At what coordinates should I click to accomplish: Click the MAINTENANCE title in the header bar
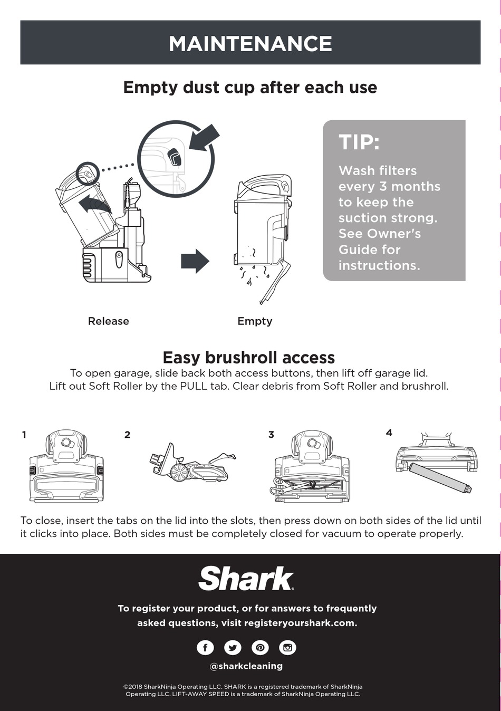[250, 44]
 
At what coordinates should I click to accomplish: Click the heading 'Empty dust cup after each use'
[250, 88]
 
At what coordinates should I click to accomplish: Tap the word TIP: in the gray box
[359, 142]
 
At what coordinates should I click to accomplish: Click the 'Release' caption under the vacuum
[108, 321]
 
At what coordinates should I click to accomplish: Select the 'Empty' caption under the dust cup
[255, 321]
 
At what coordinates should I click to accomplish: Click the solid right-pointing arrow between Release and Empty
[195, 261]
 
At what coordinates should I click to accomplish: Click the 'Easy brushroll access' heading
[248, 358]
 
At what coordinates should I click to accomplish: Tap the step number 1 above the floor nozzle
[24, 435]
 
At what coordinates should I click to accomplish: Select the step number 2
[127, 435]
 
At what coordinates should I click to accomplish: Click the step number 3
[271, 435]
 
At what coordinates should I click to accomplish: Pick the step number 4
[389, 433]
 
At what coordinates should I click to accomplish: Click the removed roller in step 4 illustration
[440, 477]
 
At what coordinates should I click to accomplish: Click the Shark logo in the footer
[246, 579]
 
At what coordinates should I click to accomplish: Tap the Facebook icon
[205, 647]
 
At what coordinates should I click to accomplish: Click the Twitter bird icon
[233, 647]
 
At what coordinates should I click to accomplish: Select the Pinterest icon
[260, 647]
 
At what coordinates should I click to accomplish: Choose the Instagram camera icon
[287, 647]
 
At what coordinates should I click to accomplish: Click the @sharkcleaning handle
[246, 666]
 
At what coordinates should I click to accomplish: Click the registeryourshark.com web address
[300, 623]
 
